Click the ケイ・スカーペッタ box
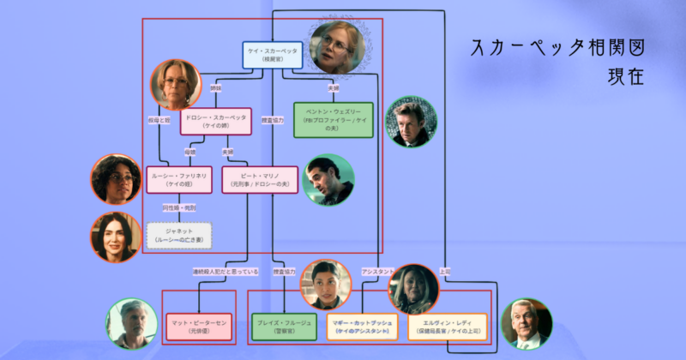(272, 55)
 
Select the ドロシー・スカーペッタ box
(214, 121)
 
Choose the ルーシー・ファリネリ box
(179, 177)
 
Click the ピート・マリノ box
(259, 177)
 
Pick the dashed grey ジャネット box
(179, 234)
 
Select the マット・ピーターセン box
(199, 327)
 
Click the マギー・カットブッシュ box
(364, 327)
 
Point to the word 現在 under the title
(623, 78)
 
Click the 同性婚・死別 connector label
(179, 207)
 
